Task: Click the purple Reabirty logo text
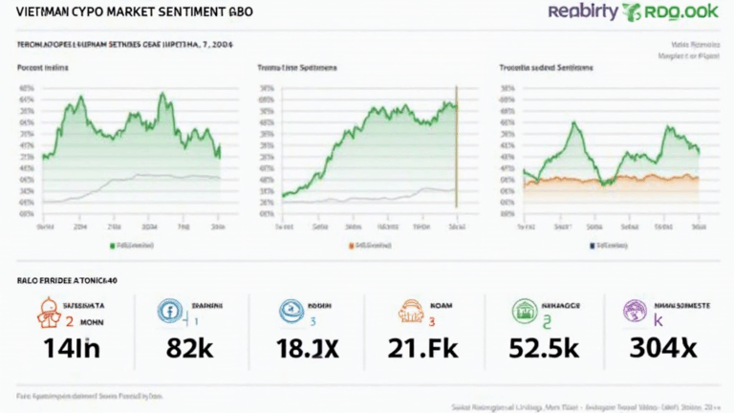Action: click(583, 12)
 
